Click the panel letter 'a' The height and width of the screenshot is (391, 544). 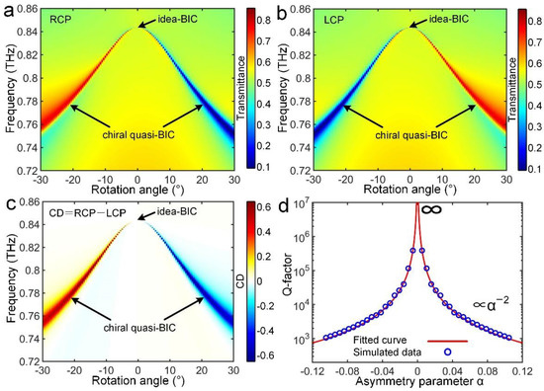(x=7, y=8)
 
